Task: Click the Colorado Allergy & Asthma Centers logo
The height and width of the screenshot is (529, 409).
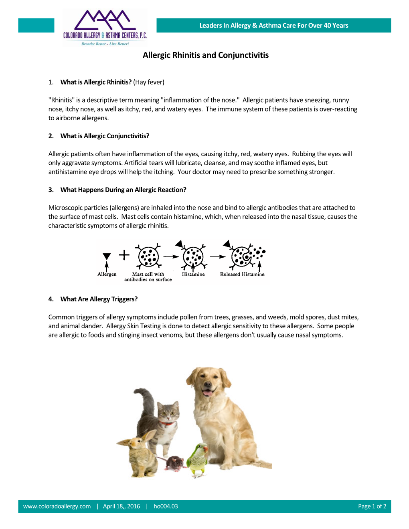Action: click(105, 27)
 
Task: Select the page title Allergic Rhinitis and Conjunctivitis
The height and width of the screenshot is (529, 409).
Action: click(205, 55)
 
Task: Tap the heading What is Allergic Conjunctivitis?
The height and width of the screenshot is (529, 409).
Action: click(105, 136)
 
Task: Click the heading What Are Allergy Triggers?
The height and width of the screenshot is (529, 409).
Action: click(99, 299)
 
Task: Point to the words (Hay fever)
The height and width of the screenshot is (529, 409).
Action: click(149, 82)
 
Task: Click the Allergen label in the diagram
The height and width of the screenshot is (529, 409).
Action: click(107, 275)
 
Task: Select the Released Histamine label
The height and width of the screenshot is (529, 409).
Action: click(242, 275)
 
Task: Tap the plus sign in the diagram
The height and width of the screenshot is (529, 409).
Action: click(124, 255)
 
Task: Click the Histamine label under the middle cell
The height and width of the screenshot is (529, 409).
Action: click(193, 275)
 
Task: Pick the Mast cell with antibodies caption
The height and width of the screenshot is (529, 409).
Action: click(148, 277)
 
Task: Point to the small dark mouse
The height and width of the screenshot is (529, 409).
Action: click(174, 463)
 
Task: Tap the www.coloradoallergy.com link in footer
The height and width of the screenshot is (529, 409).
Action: click(57, 506)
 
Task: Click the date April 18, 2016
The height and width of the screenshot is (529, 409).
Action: click(121, 506)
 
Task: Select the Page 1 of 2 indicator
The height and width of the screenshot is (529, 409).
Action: click(372, 506)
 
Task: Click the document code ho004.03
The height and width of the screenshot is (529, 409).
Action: click(166, 506)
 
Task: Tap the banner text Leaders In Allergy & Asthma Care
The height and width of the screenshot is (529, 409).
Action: click(273, 26)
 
